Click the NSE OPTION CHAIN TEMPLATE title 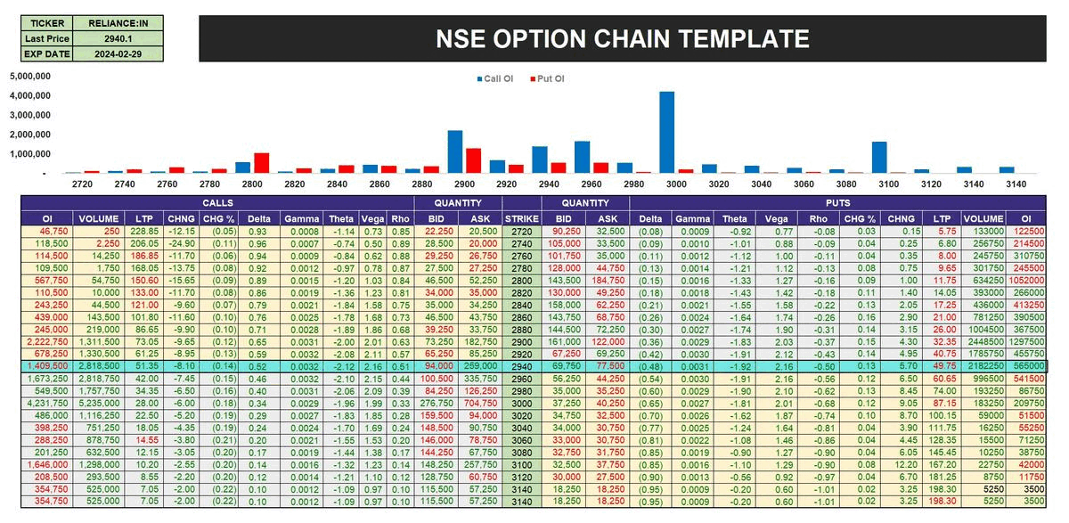(622, 38)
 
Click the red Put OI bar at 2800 (261, 163)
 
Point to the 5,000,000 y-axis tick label (31, 76)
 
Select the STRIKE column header (521, 218)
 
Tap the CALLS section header (216, 203)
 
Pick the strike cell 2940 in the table (521, 365)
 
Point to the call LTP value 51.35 (145, 365)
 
